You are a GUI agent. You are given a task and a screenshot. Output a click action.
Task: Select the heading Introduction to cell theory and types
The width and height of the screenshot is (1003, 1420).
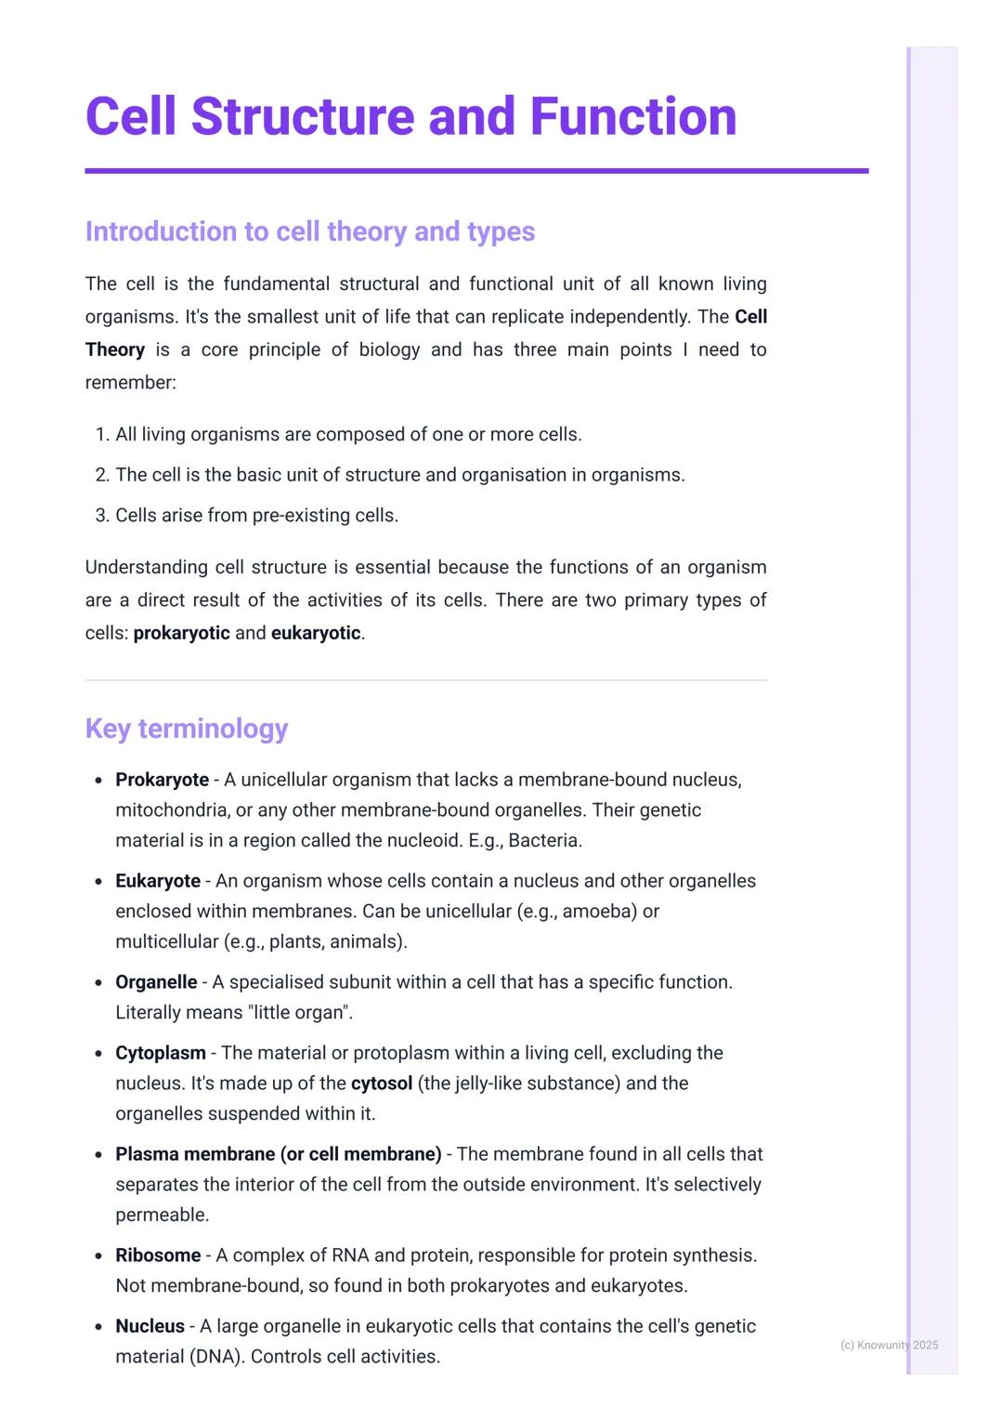coord(309,231)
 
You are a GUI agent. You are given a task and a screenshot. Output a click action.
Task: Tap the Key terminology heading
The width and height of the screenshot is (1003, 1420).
coord(187,729)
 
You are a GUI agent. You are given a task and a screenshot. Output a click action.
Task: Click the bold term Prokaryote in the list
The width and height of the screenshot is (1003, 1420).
coord(162,780)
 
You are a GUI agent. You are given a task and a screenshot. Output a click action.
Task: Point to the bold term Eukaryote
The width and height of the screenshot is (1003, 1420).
coord(158,881)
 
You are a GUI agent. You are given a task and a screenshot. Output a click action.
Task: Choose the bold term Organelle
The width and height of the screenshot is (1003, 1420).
coord(156,982)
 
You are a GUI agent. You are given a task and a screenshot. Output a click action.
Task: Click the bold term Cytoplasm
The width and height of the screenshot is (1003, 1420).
coord(161,1053)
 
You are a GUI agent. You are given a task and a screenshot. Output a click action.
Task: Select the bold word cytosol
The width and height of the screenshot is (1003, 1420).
coord(381,1084)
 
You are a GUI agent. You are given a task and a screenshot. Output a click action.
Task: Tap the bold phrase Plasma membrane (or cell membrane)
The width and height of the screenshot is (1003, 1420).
coord(278,1154)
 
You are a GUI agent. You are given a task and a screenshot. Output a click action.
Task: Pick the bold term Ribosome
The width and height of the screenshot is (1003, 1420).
coord(158,1256)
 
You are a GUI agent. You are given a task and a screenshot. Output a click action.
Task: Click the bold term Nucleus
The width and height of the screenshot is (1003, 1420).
coord(150,1326)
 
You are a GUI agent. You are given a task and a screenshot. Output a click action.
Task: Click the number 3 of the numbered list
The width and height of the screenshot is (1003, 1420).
coord(101,516)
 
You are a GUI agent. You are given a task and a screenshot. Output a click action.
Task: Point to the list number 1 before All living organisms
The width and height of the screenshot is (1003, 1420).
coord(101,435)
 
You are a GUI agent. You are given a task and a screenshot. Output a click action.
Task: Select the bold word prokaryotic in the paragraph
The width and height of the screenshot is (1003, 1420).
coord(181,634)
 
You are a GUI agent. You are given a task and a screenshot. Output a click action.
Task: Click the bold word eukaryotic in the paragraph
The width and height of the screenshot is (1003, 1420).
coord(316,634)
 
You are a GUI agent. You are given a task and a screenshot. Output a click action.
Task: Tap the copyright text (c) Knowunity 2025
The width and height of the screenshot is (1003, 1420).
coord(889,1345)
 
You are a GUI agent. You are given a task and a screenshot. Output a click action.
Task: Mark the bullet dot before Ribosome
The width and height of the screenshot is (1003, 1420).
coord(98,1256)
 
